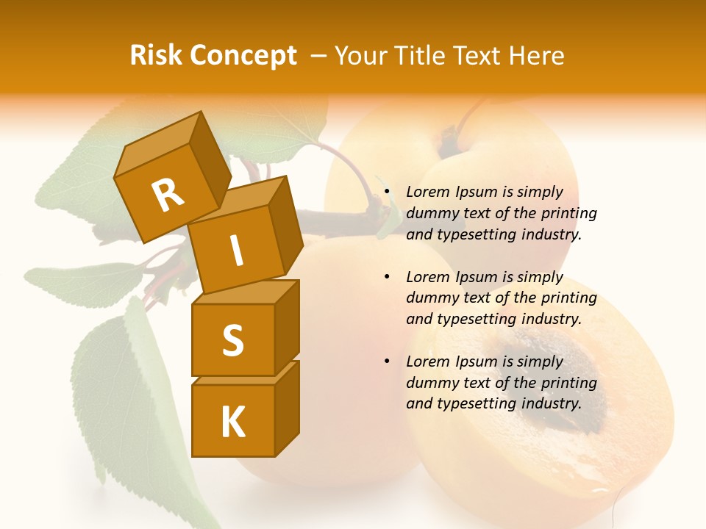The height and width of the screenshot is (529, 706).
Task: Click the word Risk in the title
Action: [x=157, y=56]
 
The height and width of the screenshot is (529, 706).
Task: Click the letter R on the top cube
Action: [x=168, y=195]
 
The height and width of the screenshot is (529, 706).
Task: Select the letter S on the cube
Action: [x=232, y=340]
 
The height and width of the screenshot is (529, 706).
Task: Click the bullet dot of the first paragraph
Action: [x=386, y=192]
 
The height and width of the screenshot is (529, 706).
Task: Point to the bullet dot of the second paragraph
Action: [x=386, y=278]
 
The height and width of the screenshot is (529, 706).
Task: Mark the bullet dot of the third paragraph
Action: [x=386, y=362]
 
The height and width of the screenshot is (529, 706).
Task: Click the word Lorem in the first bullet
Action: [x=427, y=192]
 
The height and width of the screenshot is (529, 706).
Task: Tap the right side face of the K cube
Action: [x=288, y=408]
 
